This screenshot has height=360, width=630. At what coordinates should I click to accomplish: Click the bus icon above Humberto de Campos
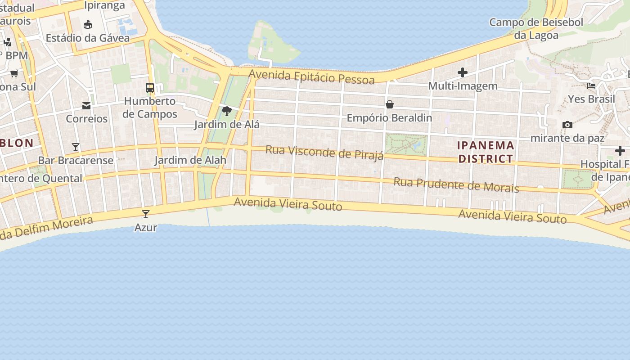coord(150,88)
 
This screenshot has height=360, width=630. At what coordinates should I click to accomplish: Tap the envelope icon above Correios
coord(86,106)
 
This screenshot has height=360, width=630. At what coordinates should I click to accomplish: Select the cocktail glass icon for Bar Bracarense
coord(76,147)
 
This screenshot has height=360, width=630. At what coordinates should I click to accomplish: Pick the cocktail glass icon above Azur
coord(146,214)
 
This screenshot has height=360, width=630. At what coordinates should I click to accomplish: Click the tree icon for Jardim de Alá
coord(227,111)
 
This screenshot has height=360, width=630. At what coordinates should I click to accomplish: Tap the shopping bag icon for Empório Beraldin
coord(390,105)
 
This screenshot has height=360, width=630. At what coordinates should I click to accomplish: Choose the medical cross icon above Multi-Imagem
coord(463,72)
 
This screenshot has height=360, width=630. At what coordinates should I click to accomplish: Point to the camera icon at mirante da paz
coord(567,125)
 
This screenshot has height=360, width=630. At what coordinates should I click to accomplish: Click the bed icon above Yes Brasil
coord(591,85)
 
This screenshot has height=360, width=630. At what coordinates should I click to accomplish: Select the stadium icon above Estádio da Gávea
coord(88,24)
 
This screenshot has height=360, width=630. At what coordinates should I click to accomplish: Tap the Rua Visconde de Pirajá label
coord(324,152)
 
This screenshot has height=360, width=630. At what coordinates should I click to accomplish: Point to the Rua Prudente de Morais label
coord(456,184)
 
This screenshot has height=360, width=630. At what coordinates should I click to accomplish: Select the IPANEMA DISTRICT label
coord(486,152)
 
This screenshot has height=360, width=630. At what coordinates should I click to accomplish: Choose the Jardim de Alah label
coord(190,160)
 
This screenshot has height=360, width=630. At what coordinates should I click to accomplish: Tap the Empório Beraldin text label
coord(389,118)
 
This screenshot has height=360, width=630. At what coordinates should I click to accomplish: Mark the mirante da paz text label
coord(567,138)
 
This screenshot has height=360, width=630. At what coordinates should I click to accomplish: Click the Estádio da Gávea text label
coord(88,38)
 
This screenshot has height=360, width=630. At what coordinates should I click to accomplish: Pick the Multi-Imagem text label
coord(463,85)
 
